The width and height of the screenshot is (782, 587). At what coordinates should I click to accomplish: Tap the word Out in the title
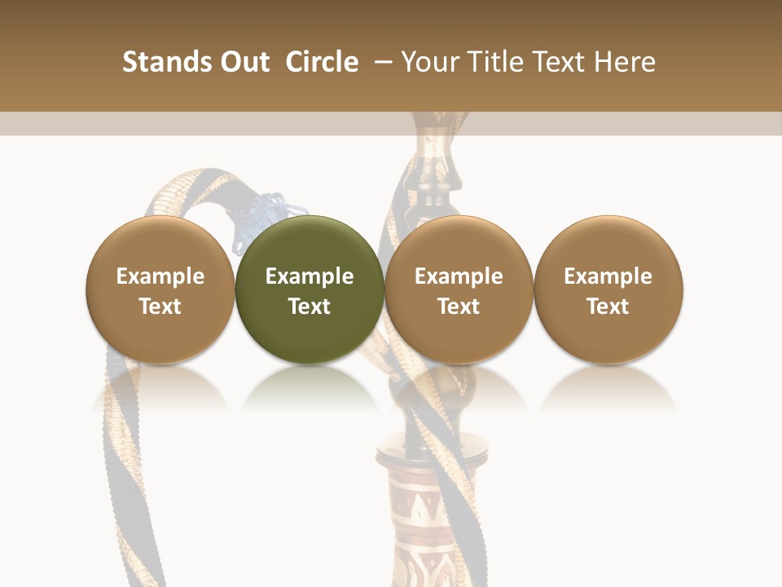click(x=243, y=62)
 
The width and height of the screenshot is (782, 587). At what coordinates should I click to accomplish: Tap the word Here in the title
click(x=625, y=62)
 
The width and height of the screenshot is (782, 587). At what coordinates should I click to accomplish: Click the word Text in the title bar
click(x=560, y=62)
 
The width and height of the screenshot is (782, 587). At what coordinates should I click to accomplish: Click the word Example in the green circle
click(x=310, y=276)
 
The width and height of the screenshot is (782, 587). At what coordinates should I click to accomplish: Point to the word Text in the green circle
click(x=310, y=307)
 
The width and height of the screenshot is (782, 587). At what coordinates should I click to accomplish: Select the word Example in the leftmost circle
click(x=160, y=276)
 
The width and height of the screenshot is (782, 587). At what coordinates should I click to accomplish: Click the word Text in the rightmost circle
click(x=608, y=307)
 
